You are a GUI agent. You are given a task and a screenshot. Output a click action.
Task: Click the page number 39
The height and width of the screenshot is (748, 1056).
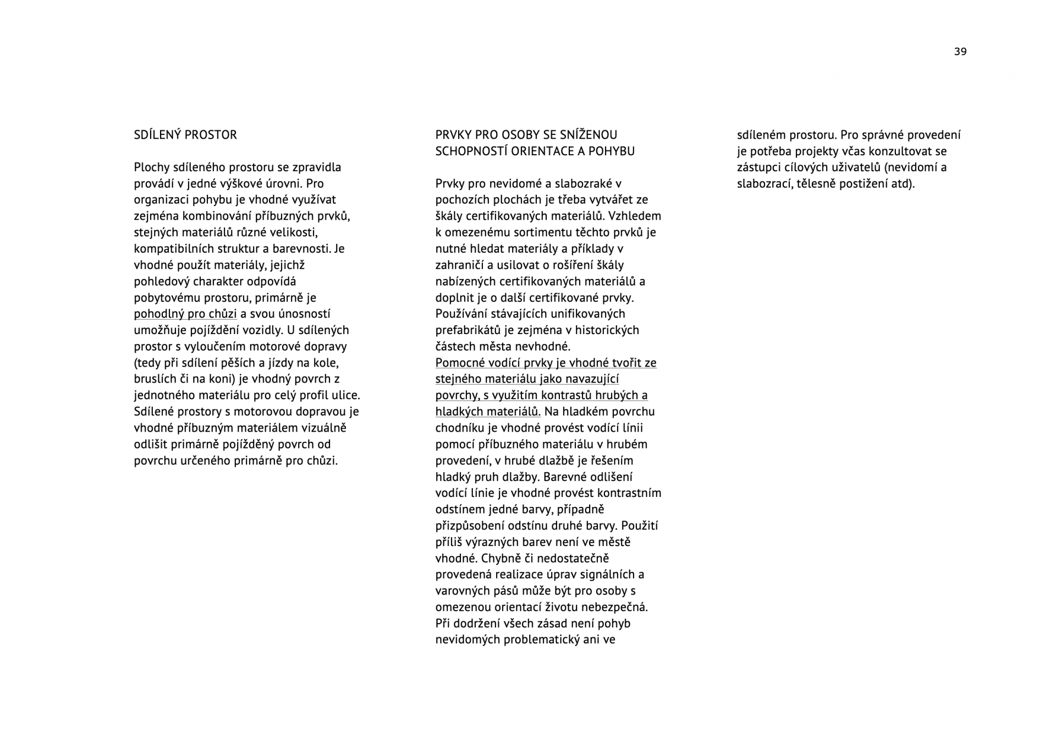960,52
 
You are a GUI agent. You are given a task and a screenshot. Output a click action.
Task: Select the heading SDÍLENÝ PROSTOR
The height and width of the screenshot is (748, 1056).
185,135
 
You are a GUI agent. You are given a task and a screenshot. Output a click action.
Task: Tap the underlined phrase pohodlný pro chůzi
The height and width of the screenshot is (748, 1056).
185,314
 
